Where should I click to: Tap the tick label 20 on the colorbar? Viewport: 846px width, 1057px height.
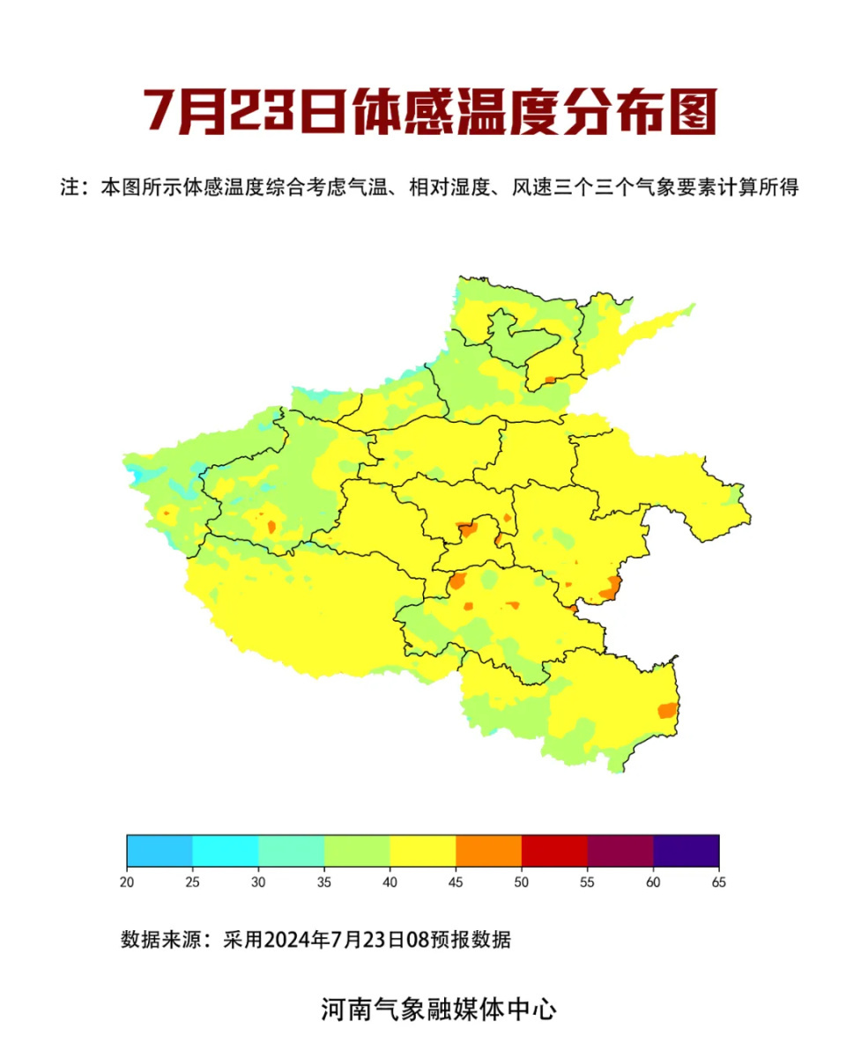(x=127, y=882)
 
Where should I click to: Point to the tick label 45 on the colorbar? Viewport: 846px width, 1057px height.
(x=456, y=882)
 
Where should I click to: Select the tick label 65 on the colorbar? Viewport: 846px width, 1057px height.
(x=719, y=882)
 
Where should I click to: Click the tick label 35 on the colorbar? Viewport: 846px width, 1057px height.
(x=324, y=882)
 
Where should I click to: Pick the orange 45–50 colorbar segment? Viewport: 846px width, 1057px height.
(x=488, y=851)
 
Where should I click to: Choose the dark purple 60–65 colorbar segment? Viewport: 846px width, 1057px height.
(x=686, y=851)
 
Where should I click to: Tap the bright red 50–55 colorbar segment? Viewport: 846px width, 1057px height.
(x=554, y=851)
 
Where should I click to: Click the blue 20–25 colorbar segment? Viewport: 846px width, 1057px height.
(x=160, y=851)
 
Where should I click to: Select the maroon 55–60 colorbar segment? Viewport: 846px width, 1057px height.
(x=620, y=851)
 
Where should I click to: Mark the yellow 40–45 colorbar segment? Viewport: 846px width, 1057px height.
(x=423, y=851)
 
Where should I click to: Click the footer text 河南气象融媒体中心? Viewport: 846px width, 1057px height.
(x=438, y=1009)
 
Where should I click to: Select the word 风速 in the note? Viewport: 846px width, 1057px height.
(x=529, y=188)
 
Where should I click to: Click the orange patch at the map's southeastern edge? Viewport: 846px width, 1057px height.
(x=667, y=711)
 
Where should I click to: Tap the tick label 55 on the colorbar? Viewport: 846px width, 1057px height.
(x=588, y=882)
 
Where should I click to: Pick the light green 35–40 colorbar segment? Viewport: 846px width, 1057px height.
(x=357, y=851)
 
